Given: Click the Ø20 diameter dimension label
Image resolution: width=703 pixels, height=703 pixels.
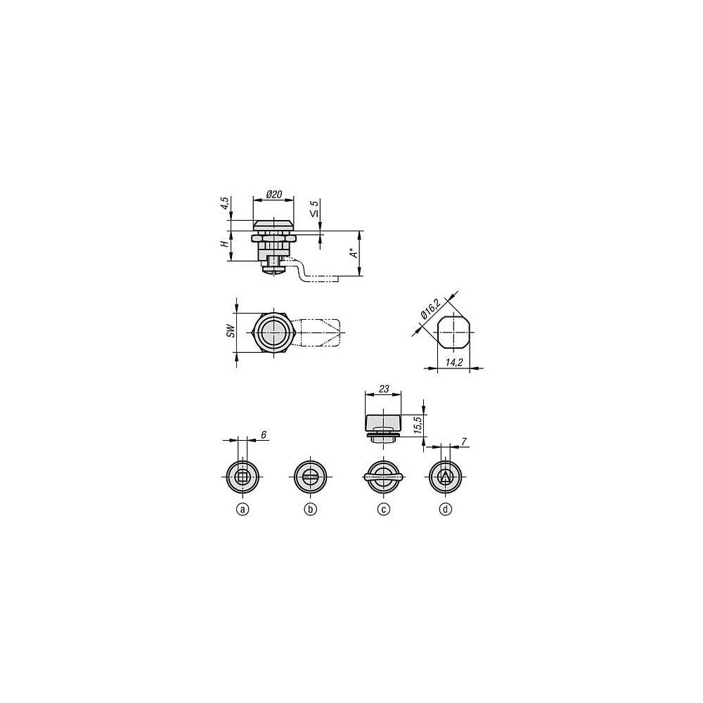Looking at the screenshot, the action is point(274,194).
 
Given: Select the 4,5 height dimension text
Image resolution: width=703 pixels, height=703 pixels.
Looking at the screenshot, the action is point(225,204).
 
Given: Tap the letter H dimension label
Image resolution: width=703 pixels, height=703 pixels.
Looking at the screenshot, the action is point(224,244).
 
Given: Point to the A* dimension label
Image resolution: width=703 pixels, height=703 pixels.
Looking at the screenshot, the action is point(354,253).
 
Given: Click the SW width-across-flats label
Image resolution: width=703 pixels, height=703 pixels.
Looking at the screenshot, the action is point(231,330).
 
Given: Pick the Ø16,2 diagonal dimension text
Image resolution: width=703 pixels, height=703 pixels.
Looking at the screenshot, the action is point(430,309).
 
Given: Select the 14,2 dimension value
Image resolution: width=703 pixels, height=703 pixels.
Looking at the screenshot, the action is point(454,362).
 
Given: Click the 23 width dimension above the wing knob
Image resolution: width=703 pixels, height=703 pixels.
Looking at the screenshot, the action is point(384,389).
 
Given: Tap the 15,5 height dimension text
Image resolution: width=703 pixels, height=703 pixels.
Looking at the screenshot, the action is point(418,424).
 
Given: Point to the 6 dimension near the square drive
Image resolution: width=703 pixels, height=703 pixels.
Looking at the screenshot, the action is point(264,434).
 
